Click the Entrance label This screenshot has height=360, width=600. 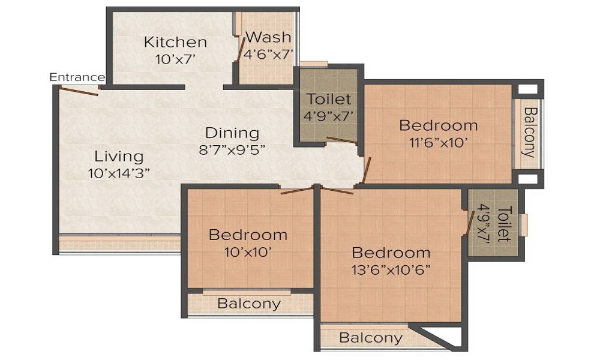[77, 77]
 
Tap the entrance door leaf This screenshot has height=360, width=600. [78, 91]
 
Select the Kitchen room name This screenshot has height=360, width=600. [175, 43]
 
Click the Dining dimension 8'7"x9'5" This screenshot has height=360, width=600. [232, 149]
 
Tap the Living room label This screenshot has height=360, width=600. [119, 157]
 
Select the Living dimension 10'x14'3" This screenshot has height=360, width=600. [118, 173]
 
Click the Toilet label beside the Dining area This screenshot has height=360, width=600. [329, 99]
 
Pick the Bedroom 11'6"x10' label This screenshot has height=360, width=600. [439, 125]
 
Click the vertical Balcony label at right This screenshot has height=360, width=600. [529, 132]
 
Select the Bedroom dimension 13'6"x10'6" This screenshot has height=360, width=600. [391, 269]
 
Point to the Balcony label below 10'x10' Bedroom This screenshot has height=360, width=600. [248, 304]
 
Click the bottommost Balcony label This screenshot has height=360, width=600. [370, 338]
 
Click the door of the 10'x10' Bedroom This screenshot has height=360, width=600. [297, 191]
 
